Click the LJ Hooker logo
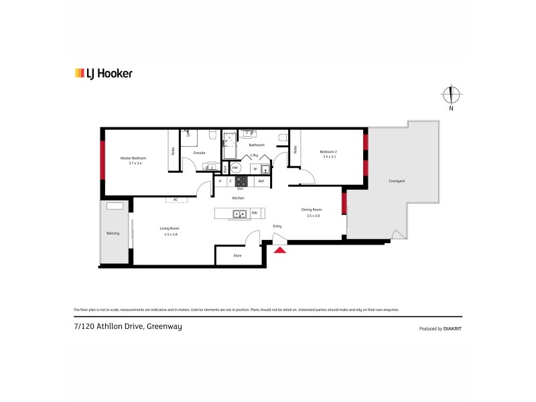[103, 74]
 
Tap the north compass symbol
[452, 95]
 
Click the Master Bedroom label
[133, 158]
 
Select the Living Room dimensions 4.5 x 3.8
[169, 234]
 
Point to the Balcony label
[113, 233]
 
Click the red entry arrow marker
[280, 250]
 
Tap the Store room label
[237, 255]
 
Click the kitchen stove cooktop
[241, 181]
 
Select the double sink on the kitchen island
[237, 214]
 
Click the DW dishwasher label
[255, 214]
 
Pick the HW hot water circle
[235, 168]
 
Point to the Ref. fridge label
[261, 181]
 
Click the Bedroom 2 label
[328, 152]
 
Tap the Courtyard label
[396, 182]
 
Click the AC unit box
[176, 199]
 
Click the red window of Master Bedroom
[103, 159]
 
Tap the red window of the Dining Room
[344, 204]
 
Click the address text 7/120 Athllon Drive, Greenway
[127, 326]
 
